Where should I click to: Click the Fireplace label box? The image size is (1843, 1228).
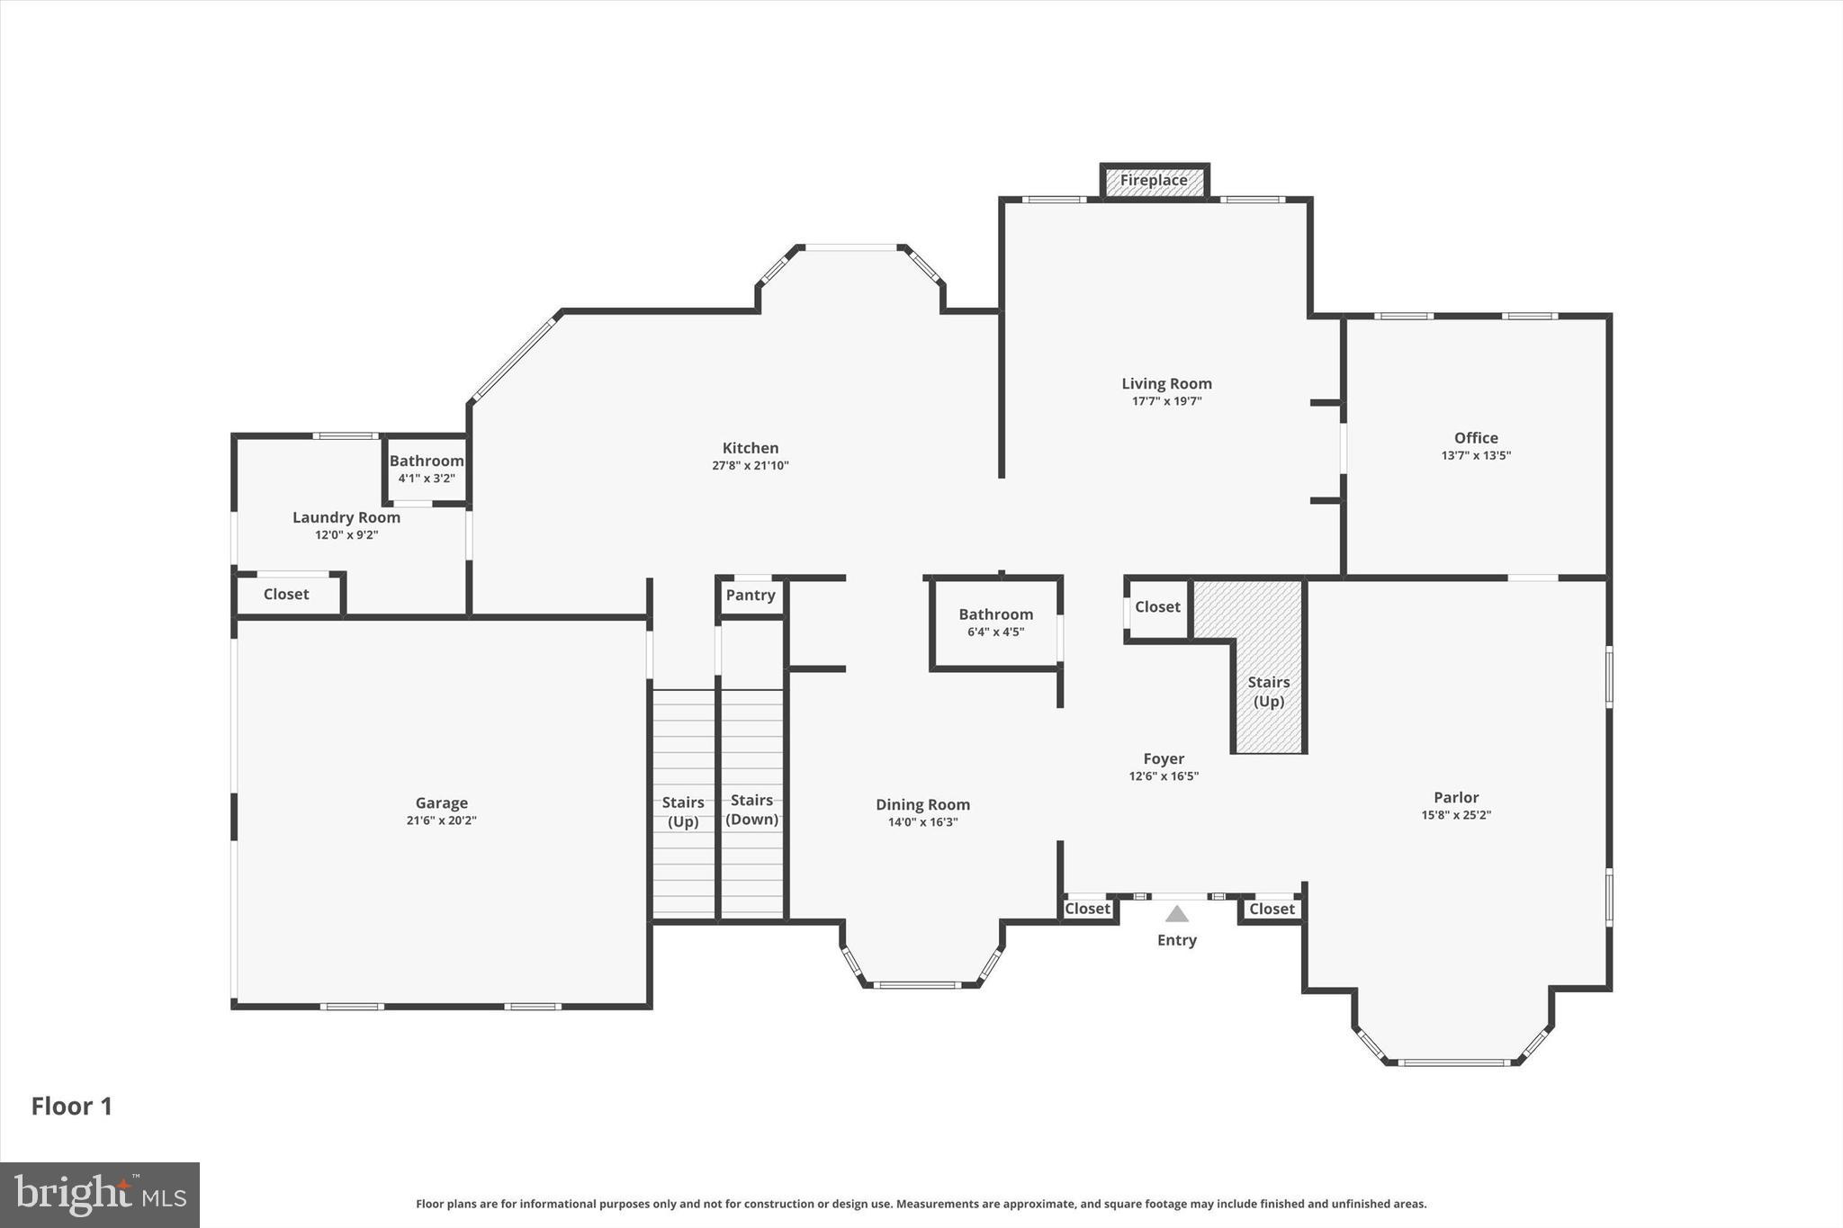coord(1154,181)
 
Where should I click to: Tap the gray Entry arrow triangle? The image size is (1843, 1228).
coord(1177,914)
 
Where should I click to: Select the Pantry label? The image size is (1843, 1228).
coord(751,596)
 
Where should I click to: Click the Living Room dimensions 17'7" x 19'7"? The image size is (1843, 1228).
coord(1166,401)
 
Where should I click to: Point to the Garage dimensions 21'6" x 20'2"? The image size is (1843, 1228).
coord(441,820)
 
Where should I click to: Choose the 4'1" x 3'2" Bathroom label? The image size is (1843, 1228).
coord(427,469)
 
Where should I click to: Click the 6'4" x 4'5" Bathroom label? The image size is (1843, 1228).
coord(995,623)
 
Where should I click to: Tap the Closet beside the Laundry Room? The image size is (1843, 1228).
coord(286,595)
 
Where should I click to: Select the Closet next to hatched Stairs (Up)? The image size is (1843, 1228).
coord(1157,607)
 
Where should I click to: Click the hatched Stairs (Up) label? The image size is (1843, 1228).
coord(1269,692)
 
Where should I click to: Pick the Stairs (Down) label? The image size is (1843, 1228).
coord(751,810)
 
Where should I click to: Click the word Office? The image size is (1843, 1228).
coord(1476,438)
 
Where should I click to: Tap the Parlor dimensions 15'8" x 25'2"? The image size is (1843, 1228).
coord(1456,815)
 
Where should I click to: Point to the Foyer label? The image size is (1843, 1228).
coord(1164,759)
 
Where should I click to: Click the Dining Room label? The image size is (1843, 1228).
coord(922,805)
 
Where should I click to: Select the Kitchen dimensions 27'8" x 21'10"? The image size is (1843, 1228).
coord(751,466)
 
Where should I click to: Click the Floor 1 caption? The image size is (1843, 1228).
coord(72,1107)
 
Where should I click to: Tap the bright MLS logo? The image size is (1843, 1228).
coord(100,1195)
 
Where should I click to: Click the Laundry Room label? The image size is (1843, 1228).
coord(346,517)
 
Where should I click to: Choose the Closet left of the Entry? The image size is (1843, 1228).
coord(1087,909)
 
